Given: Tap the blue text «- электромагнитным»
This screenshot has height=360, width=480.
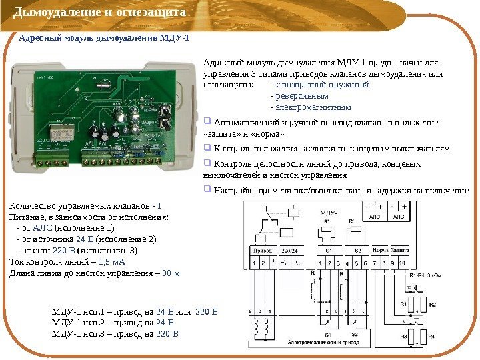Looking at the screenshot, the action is click(x=310, y=107).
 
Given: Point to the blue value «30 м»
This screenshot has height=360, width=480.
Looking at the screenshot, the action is click(x=171, y=273).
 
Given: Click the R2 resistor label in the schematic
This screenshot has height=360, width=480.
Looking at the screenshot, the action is click(x=432, y=305).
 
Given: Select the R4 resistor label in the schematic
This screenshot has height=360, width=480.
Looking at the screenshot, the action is click(x=432, y=336).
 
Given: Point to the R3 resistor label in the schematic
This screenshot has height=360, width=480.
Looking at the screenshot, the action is click(x=403, y=336).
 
